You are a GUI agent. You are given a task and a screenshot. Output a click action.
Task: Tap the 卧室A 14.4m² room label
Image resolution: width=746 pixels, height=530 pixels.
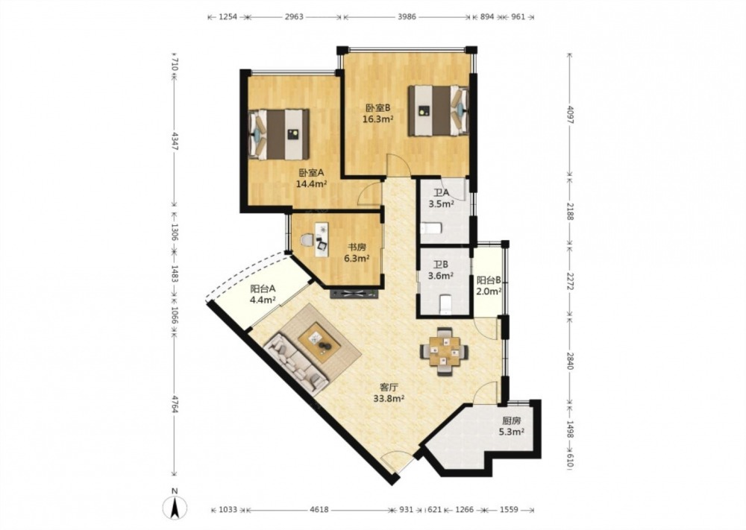(x=312, y=178)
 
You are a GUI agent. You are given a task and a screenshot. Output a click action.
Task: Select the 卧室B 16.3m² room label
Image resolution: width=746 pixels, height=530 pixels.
(x=377, y=113)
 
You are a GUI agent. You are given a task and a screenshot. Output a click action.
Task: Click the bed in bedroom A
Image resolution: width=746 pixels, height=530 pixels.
(x=278, y=134)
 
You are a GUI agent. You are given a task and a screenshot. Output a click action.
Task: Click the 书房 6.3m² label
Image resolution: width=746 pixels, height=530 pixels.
(x=357, y=253)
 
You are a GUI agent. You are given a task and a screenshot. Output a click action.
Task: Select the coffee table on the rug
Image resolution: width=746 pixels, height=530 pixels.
(x=319, y=339)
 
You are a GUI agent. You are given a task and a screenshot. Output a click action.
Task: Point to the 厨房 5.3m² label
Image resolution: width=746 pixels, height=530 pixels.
(x=512, y=426)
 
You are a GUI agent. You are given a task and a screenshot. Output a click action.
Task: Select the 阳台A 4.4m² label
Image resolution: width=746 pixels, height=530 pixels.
(x=263, y=294)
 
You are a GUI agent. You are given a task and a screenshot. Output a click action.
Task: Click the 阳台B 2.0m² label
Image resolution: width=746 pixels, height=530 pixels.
(x=489, y=285)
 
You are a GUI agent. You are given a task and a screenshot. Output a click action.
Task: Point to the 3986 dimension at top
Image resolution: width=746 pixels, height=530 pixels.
(x=407, y=16)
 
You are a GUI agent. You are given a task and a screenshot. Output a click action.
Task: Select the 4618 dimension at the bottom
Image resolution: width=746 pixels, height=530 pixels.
(x=320, y=510)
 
